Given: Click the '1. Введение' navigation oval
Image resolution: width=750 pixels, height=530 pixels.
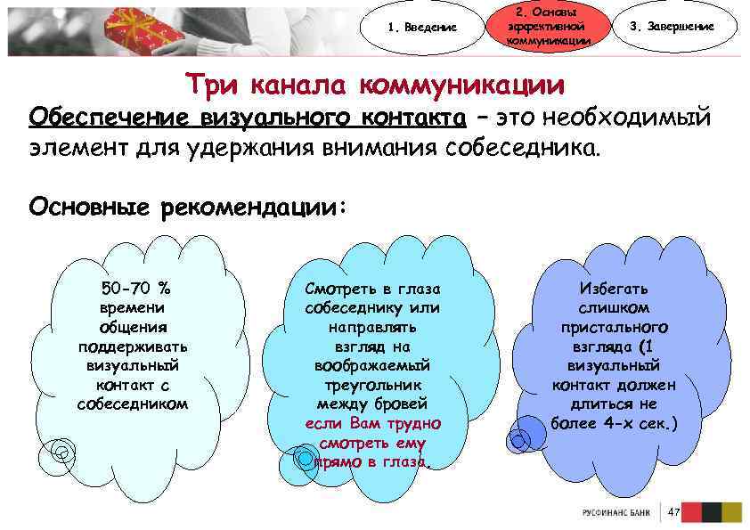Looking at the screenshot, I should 422,27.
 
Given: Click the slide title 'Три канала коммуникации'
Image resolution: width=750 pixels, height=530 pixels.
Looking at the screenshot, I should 375,85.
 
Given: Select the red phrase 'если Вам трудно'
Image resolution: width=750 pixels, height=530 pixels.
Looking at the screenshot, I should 372,423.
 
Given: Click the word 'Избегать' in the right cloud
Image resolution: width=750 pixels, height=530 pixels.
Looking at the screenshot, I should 614,289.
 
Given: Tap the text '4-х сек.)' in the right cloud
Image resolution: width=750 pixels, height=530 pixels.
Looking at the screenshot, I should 645,423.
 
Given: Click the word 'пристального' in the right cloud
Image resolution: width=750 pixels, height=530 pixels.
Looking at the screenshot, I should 614,327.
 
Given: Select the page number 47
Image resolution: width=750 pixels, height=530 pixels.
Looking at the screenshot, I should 673,512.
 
